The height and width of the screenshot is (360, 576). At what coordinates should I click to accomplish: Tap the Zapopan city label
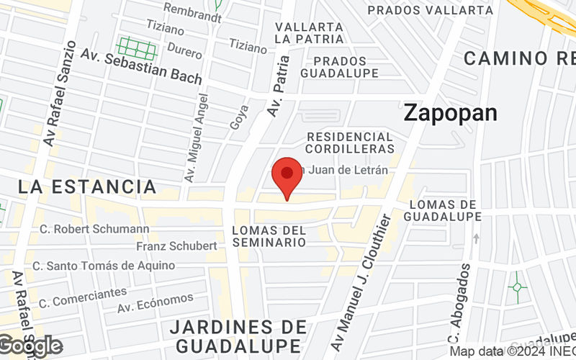450,112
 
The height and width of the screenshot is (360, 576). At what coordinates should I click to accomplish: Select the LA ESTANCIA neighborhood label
87,187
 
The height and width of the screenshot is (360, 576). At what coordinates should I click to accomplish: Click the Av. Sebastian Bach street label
140,65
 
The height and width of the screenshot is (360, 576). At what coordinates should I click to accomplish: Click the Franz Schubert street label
176,246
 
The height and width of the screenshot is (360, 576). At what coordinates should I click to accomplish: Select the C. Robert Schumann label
95,229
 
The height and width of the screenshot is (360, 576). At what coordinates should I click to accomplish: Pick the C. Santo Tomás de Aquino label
107,266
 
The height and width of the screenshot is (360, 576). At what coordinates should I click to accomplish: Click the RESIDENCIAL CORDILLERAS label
350,143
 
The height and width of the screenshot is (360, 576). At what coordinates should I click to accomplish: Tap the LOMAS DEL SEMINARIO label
269,236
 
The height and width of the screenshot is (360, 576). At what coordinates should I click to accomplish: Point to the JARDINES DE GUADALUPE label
238,336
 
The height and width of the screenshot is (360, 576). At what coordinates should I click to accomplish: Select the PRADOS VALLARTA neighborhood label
431,10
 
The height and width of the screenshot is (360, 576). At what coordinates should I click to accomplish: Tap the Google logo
32,346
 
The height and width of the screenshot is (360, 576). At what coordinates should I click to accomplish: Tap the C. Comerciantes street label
83,297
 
